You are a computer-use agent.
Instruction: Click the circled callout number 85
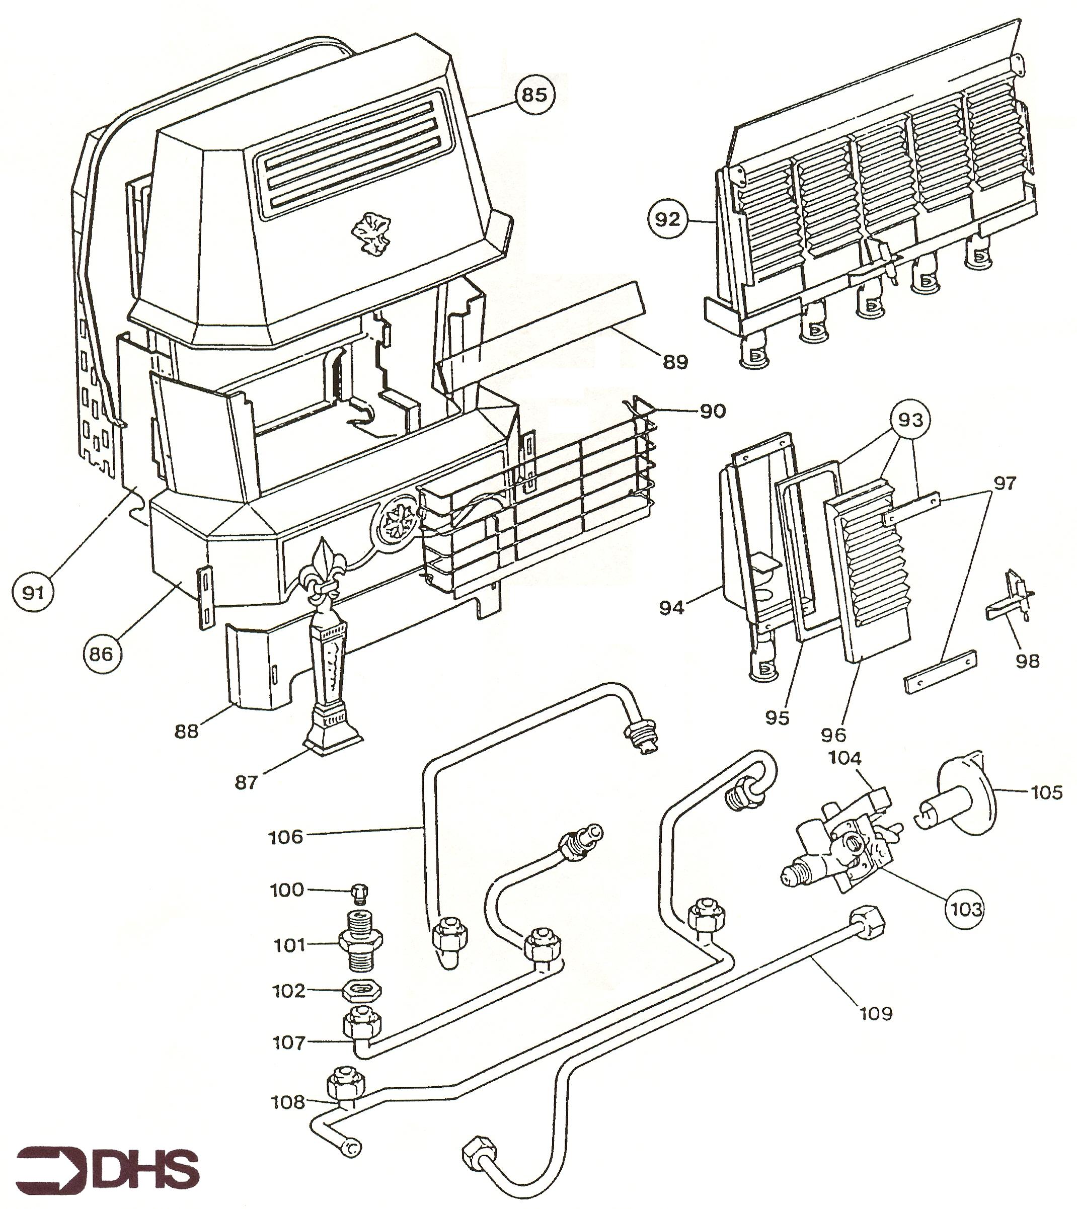tap(534, 95)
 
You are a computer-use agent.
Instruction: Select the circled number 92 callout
tap(667, 219)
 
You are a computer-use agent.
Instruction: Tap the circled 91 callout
tap(33, 592)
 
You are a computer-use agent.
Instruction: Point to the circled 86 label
tap(102, 654)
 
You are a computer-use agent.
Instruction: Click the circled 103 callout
tap(966, 908)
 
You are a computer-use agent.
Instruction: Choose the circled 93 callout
tap(910, 420)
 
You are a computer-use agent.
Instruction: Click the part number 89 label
tap(675, 361)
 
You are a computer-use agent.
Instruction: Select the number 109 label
tap(876, 1013)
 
